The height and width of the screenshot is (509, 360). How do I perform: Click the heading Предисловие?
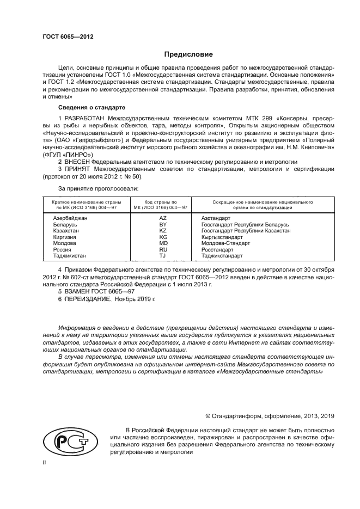(185, 54)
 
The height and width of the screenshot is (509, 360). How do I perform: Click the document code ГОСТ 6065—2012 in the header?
(68, 36)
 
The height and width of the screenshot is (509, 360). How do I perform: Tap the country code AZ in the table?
(162, 218)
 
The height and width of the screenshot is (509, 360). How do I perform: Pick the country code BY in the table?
(162, 224)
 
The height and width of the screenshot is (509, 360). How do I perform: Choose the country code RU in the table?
(162, 249)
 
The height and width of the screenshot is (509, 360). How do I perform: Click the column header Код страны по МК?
(162, 204)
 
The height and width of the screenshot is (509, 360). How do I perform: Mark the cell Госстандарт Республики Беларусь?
(245, 224)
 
